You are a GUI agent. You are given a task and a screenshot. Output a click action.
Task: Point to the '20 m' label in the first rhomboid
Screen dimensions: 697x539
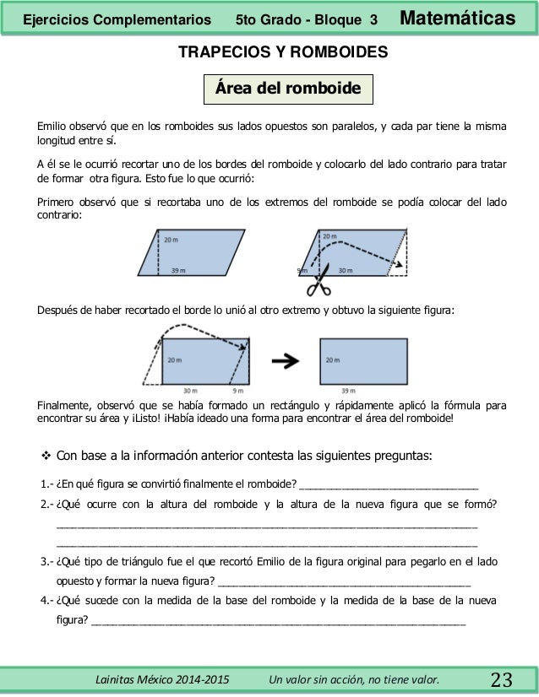point(171,240)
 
